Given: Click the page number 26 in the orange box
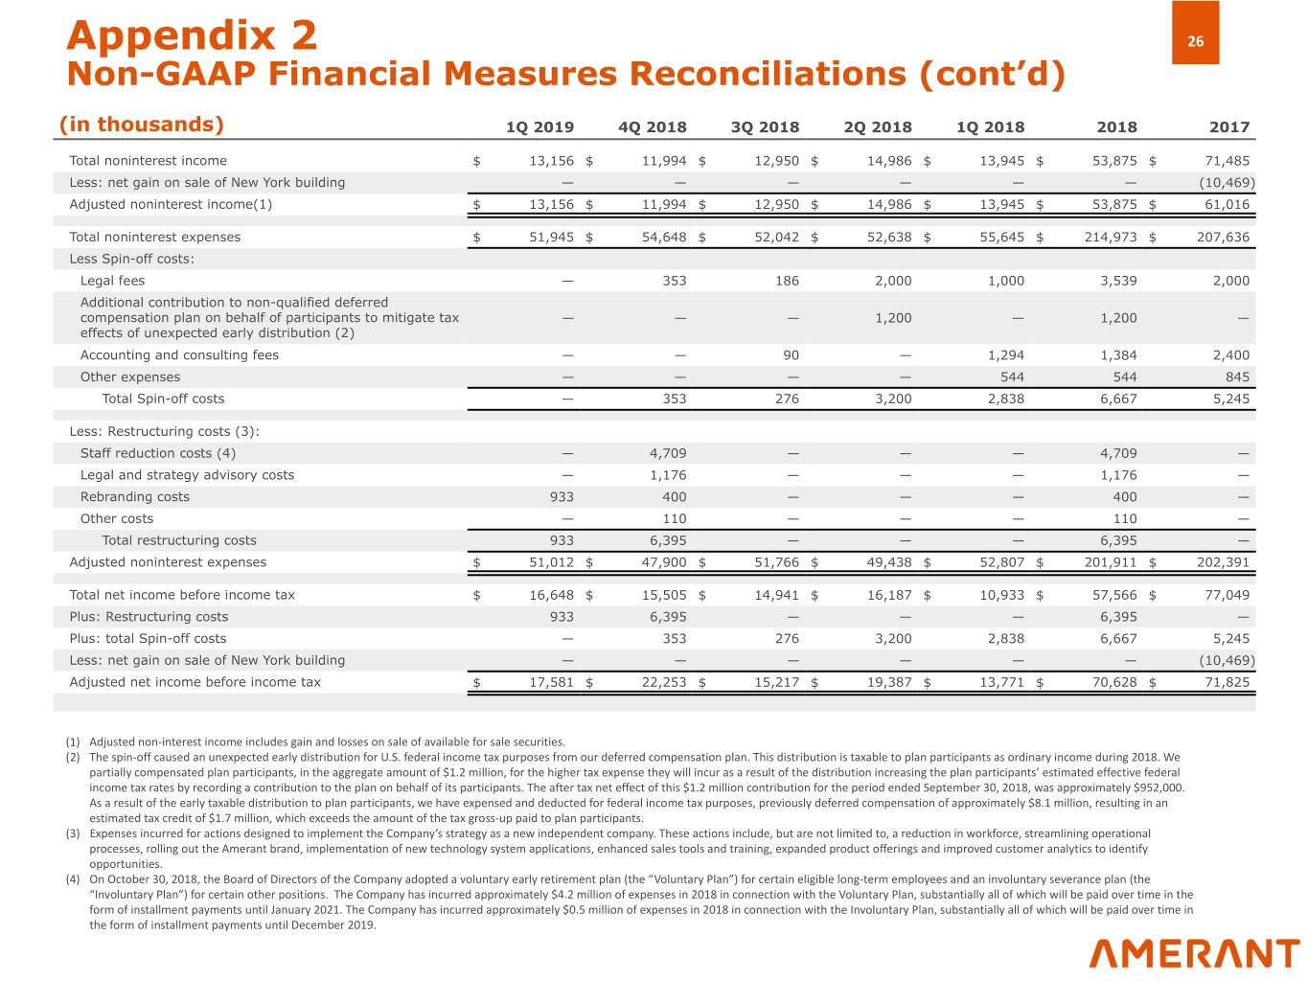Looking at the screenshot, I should click(x=1195, y=41).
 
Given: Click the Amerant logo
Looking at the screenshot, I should click(x=1194, y=953).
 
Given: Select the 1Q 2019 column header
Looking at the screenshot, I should click(x=539, y=126).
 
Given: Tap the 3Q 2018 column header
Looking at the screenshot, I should click(x=765, y=126).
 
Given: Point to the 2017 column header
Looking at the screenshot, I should click(x=1229, y=126).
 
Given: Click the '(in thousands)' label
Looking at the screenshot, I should click(x=142, y=125).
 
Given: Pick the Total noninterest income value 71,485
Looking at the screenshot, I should click(x=1227, y=161).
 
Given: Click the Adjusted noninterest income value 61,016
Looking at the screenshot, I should click(x=1227, y=204).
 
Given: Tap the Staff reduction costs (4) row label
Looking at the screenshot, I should click(x=158, y=453).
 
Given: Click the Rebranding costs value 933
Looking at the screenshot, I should click(x=562, y=496).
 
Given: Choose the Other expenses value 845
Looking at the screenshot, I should click(x=1237, y=376).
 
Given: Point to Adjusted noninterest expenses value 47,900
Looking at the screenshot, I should click(x=663, y=562).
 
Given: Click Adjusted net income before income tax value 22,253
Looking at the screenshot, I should click(x=663, y=682).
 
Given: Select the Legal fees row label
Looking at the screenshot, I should click(x=112, y=281).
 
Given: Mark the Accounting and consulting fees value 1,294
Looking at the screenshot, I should click(x=1005, y=354).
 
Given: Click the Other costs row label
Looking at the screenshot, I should click(x=117, y=518).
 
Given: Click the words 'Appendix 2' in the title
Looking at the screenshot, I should click(x=192, y=35).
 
